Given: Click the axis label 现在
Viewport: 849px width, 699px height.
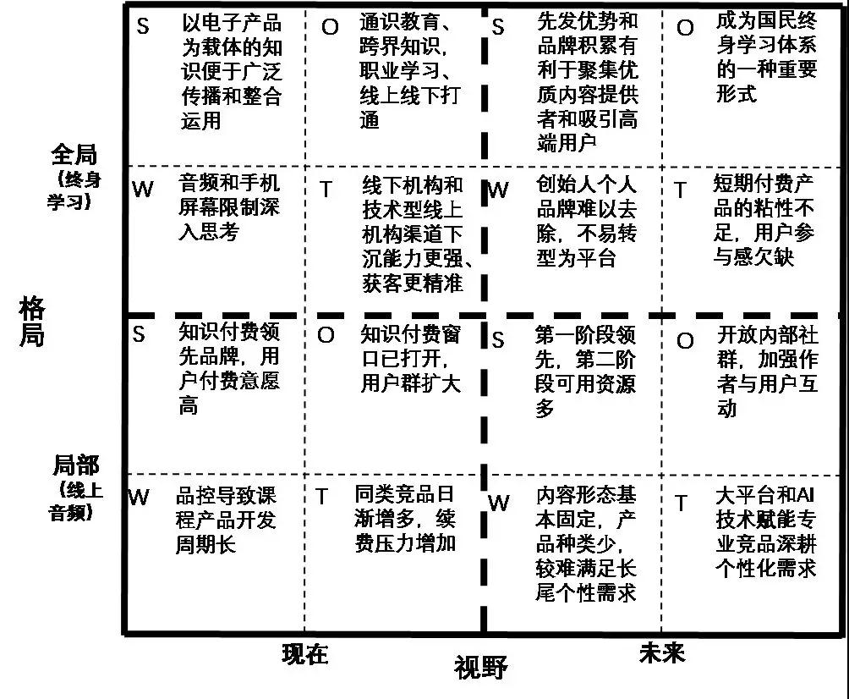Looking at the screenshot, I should click(x=304, y=653).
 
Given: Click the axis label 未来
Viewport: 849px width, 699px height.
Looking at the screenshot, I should click(x=662, y=652).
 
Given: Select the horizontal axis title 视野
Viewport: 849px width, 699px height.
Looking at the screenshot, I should click(x=480, y=668).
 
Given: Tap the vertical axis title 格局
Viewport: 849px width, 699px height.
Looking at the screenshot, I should click(x=31, y=321).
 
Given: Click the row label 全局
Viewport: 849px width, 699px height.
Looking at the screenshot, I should click(x=74, y=155).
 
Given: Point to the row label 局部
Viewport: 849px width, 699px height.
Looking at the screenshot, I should click(x=75, y=465).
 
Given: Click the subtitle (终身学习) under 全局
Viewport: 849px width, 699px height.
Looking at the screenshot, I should click(x=74, y=190).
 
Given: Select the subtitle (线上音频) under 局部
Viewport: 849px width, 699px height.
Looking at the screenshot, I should click(x=75, y=500).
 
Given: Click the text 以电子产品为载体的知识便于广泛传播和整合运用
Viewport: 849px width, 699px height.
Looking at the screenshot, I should click(x=230, y=71).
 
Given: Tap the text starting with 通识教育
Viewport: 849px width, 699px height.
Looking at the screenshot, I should click(x=409, y=71).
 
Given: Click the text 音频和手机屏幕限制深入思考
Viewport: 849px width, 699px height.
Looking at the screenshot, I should click(x=229, y=207).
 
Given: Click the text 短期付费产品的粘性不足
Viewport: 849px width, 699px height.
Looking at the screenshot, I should click(x=764, y=220).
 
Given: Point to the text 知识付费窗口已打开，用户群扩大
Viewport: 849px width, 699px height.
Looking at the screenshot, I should click(x=411, y=358).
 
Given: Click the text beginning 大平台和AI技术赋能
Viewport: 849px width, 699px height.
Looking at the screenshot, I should click(x=766, y=531).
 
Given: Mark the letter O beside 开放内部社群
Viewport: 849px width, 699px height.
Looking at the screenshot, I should click(x=685, y=341).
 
